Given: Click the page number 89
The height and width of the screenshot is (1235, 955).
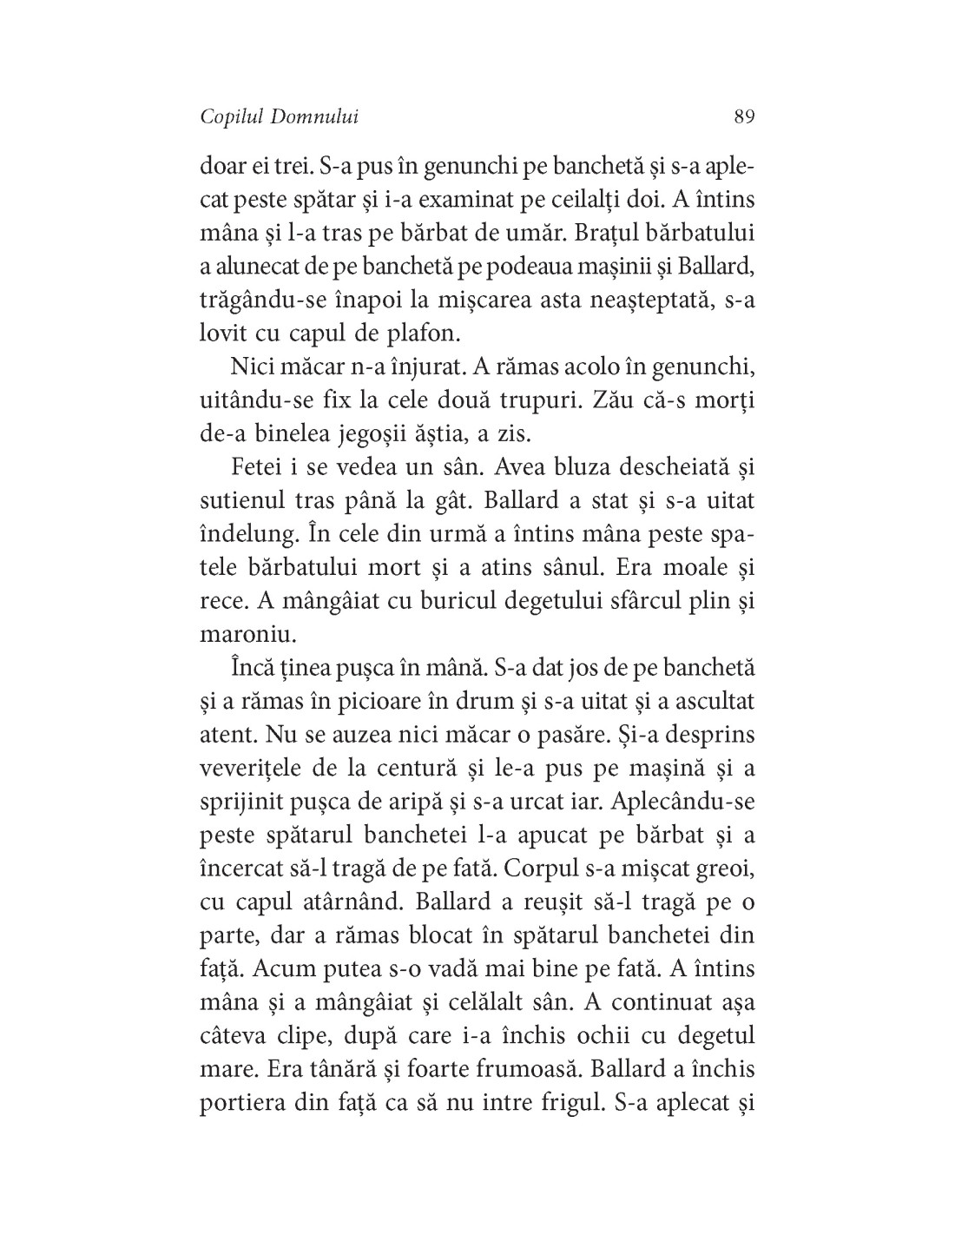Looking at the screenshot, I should [x=743, y=116].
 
